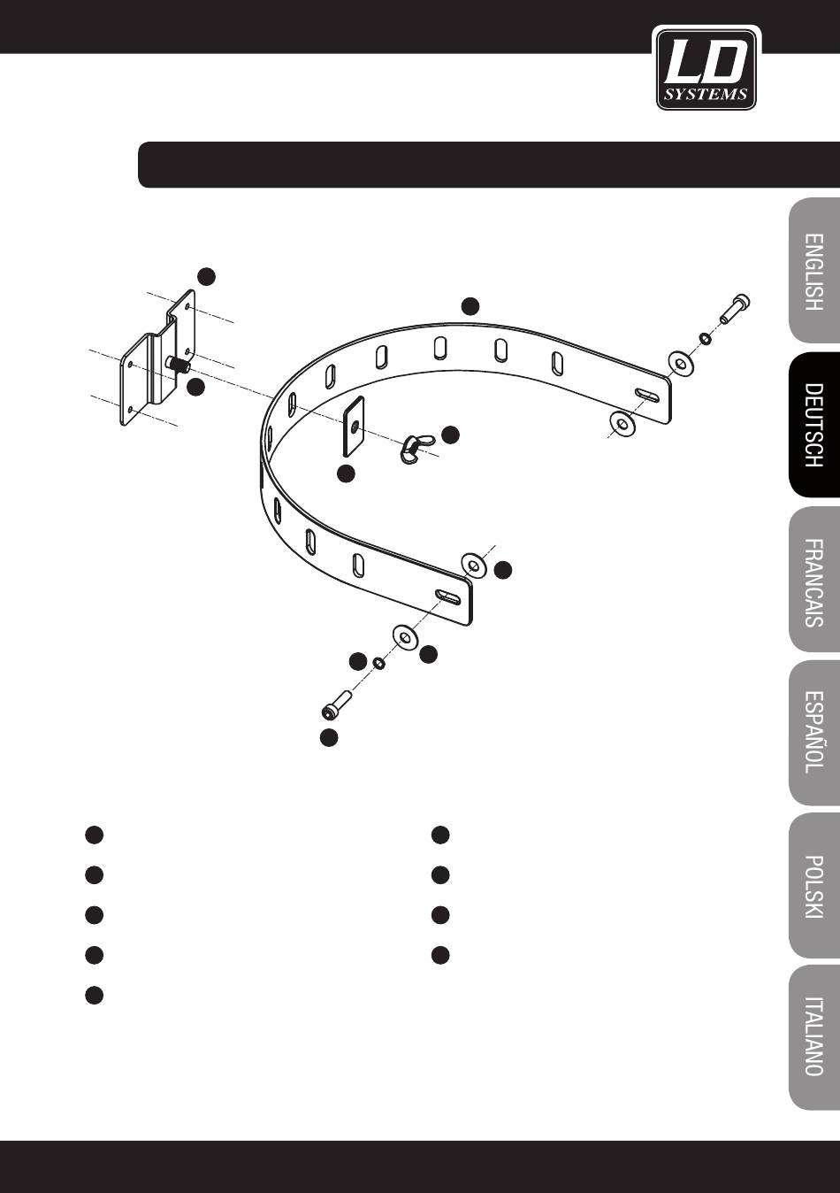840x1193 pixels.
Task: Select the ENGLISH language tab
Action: click(x=814, y=272)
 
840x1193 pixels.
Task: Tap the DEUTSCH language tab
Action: click(x=814, y=425)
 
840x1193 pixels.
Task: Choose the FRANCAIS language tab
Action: click(x=814, y=579)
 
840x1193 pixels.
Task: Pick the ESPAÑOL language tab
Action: click(x=814, y=733)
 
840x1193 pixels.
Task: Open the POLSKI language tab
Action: click(x=814, y=887)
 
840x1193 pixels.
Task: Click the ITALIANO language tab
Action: click(x=814, y=1041)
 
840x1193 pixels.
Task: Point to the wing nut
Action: click(x=417, y=445)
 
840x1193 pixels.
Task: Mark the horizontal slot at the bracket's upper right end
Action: click(x=647, y=395)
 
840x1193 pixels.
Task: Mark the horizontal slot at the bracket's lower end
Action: click(x=448, y=596)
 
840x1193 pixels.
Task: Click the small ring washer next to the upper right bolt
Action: click(x=705, y=338)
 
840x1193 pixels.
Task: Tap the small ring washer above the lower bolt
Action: click(x=378, y=663)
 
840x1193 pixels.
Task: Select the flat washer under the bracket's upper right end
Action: click(x=622, y=423)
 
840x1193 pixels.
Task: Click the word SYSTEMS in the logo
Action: click(x=706, y=95)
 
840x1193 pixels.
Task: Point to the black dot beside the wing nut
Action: click(x=451, y=435)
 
